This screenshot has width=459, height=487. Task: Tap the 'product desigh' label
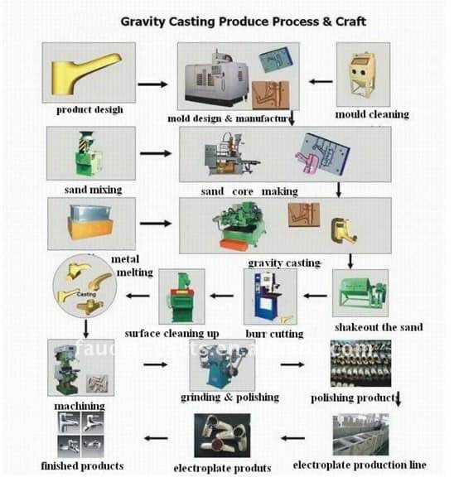90,110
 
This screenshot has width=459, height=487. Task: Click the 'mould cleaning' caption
371,113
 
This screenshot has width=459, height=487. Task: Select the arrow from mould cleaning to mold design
321,82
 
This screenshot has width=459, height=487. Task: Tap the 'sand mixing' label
93,190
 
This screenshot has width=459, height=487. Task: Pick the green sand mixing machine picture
89,154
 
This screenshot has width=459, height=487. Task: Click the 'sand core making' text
249,191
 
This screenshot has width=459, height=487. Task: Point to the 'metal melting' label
132,266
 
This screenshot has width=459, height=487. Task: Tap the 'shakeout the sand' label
378,327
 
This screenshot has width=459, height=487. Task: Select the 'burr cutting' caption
274,335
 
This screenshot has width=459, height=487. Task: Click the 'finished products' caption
82,466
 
